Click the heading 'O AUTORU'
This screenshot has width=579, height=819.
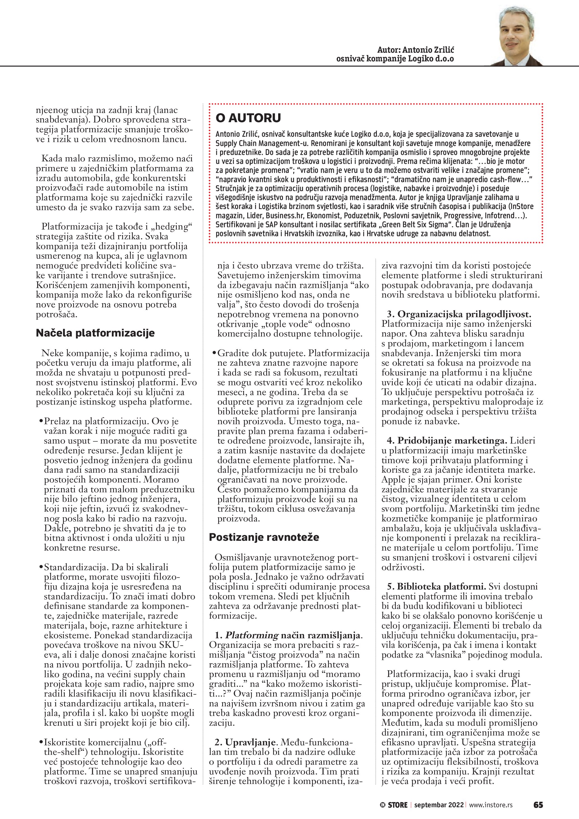coord(248,118)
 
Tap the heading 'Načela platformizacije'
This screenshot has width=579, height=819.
coord(95,333)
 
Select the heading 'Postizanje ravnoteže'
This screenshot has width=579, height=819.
coord(264,537)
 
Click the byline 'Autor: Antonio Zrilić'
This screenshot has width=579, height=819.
coord(416,50)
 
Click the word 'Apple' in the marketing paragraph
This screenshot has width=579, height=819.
coord(392,479)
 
